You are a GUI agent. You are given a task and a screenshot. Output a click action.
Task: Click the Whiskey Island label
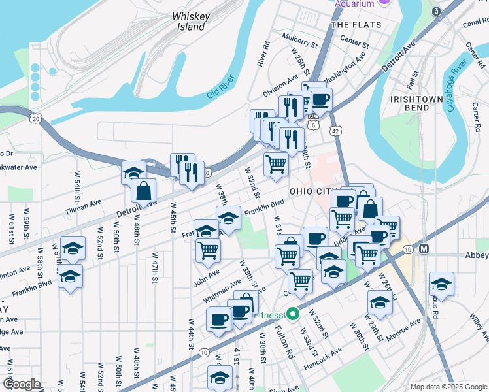click(x=188, y=22)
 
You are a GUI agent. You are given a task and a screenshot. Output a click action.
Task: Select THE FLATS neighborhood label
click(x=355, y=25)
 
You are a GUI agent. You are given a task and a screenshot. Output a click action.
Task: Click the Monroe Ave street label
click(x=403, y=333)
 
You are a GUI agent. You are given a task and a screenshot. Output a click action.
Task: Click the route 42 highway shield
click(x=335, y=131)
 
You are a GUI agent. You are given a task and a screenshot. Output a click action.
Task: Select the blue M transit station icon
click(x=424, y=249)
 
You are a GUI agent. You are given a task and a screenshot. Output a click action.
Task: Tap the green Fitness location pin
click(x=294, y=314)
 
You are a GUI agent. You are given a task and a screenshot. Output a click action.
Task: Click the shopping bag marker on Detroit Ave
click(x=143, y=191)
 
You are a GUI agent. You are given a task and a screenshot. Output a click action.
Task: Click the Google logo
click(x=22, y=384)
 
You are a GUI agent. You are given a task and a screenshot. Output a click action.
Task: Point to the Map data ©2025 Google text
click(x=448, y=387)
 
